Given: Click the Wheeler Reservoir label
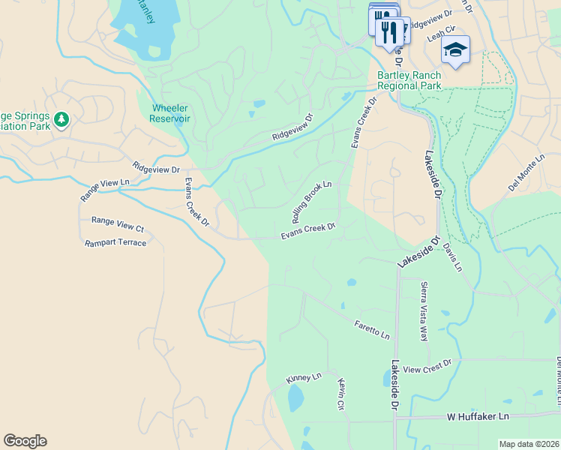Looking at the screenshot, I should tap(170, 113).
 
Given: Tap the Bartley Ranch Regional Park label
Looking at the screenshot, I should tap(409, 81).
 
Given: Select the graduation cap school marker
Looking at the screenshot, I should tap(455, 50).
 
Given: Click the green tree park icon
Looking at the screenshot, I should tap(61, 119).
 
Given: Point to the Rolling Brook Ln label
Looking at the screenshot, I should tap(311, 202).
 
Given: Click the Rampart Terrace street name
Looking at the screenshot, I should tap(115, 242).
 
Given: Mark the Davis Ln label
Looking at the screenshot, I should tap(452, 257).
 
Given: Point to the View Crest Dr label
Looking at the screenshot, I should tap(427, 366).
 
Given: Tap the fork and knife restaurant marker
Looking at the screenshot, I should tap(388, 32).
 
